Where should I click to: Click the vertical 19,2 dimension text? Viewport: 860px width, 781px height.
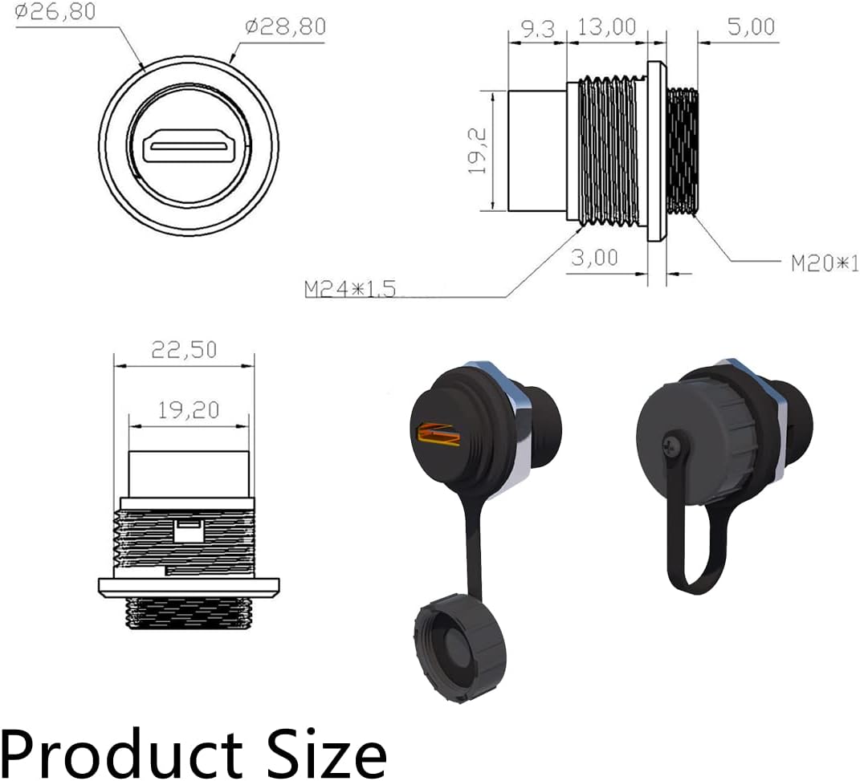479,152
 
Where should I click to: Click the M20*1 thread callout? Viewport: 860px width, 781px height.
824,262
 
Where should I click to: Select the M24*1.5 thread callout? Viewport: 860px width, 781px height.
350,289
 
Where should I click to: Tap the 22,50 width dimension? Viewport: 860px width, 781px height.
184,350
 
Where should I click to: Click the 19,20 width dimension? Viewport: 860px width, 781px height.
188,410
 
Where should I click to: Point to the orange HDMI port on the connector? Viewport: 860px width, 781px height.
438,434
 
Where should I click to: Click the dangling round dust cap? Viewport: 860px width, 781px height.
453,647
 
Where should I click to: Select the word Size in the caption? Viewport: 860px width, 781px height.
324,751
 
